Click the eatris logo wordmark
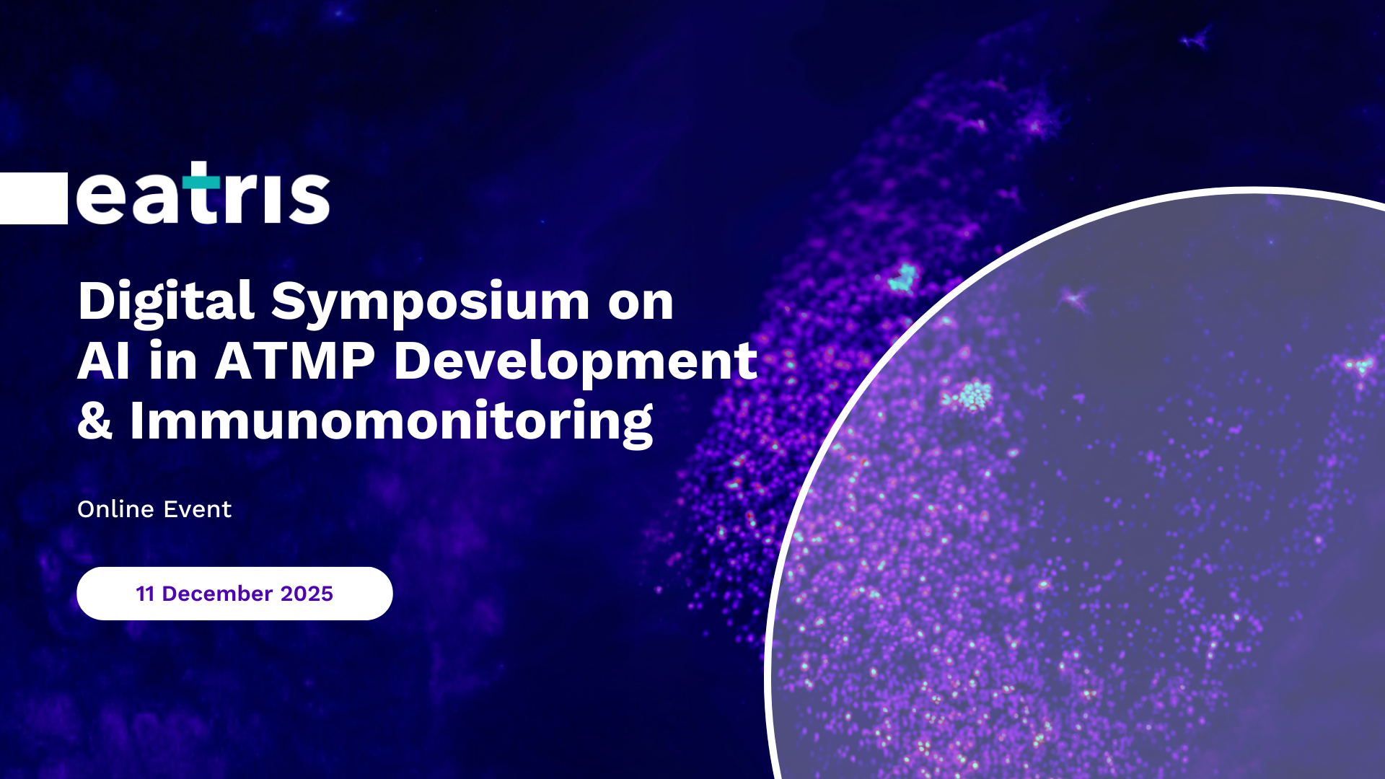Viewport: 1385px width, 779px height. tap(203, 193)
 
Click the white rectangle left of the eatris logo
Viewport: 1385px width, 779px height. tap(34, 198)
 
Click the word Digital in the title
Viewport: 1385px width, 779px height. tap(166, 302)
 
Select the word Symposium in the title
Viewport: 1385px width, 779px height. tap(431, 302)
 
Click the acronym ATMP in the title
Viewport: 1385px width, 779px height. tap(295, 361)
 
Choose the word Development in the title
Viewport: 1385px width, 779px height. tap(576, 361)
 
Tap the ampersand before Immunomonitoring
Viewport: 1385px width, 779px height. tap(95, 421)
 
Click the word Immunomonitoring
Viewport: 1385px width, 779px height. tap(392, 422)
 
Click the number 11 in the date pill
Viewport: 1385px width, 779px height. tap(146, 594)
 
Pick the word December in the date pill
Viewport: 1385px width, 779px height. tap(217, 594)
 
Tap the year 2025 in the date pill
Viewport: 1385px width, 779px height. tap(307, 594)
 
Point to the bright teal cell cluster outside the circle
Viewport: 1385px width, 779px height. tap(902, 278)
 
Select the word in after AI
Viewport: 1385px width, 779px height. tap(173, 361)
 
